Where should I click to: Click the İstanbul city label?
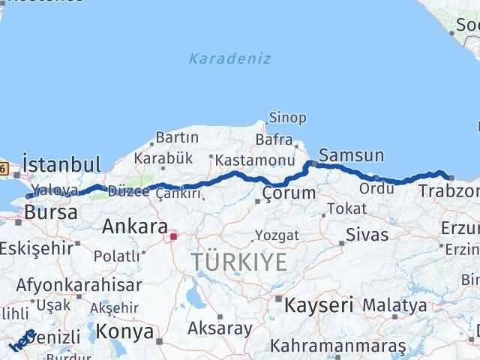tap(61, 164)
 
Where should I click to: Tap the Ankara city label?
tap(134, 226)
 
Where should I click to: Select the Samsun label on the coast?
tap(351, 156)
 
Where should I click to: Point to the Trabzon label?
tap(448, 191)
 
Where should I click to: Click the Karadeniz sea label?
tap(230, 58)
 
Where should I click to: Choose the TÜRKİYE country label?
tap(239, 262)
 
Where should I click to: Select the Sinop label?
tap(287, 118)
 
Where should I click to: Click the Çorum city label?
tap(289, 193)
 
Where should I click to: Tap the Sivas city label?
tap(367, 235)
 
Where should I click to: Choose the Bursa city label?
tap(50, 212)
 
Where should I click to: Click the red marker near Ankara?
tap(173, 237)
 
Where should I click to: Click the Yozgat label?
tap(277, 235)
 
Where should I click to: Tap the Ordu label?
tap(376, 188)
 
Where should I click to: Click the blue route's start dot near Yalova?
tap(28, 196)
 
